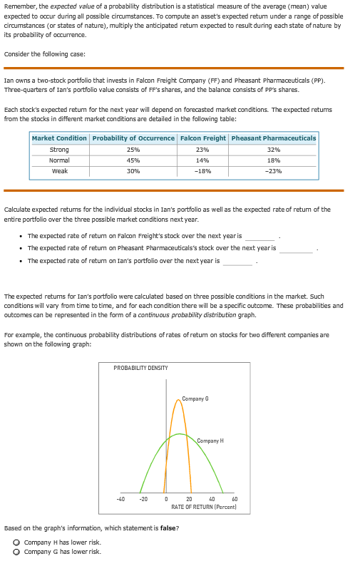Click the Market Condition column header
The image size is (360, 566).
pyautogui.click(x=59, y=138)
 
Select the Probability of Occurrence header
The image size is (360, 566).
pyautogui.click(x=133, y=138)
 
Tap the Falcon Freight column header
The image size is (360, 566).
pyautogui.click(x=202, y=138)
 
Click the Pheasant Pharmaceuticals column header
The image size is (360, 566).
pyautogui.click(x=273, y=138)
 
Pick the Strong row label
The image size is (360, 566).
pyautogui.click(x=59, y=150)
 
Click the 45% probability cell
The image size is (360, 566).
pyautogui.click(x=133, y=160)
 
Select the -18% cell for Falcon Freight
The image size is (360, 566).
pyautogui.click(x=202, y=171)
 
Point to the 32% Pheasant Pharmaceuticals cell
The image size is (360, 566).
pyautogui.click(x=273, y=150)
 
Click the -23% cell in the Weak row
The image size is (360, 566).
pyautogui.click(x=273, y=171)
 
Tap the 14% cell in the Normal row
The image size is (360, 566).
pyautogui.click(x=202, y=160)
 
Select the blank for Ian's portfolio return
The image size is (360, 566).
pyautogui.click(x=237, y=261)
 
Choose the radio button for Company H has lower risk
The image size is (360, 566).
pyautogui.click(x=17, y=542)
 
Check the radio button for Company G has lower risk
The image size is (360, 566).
pyautogui.click(x=17, y=552)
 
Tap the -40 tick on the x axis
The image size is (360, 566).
pyautogui.click(x=121, y=499)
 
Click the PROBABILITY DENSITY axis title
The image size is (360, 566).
pyautogui.click(x=140, y=368)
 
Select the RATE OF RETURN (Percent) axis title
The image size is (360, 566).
pyautogui.click(x=204, y=506)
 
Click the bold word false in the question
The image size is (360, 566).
pyautogui.click(x=165, y=528)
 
